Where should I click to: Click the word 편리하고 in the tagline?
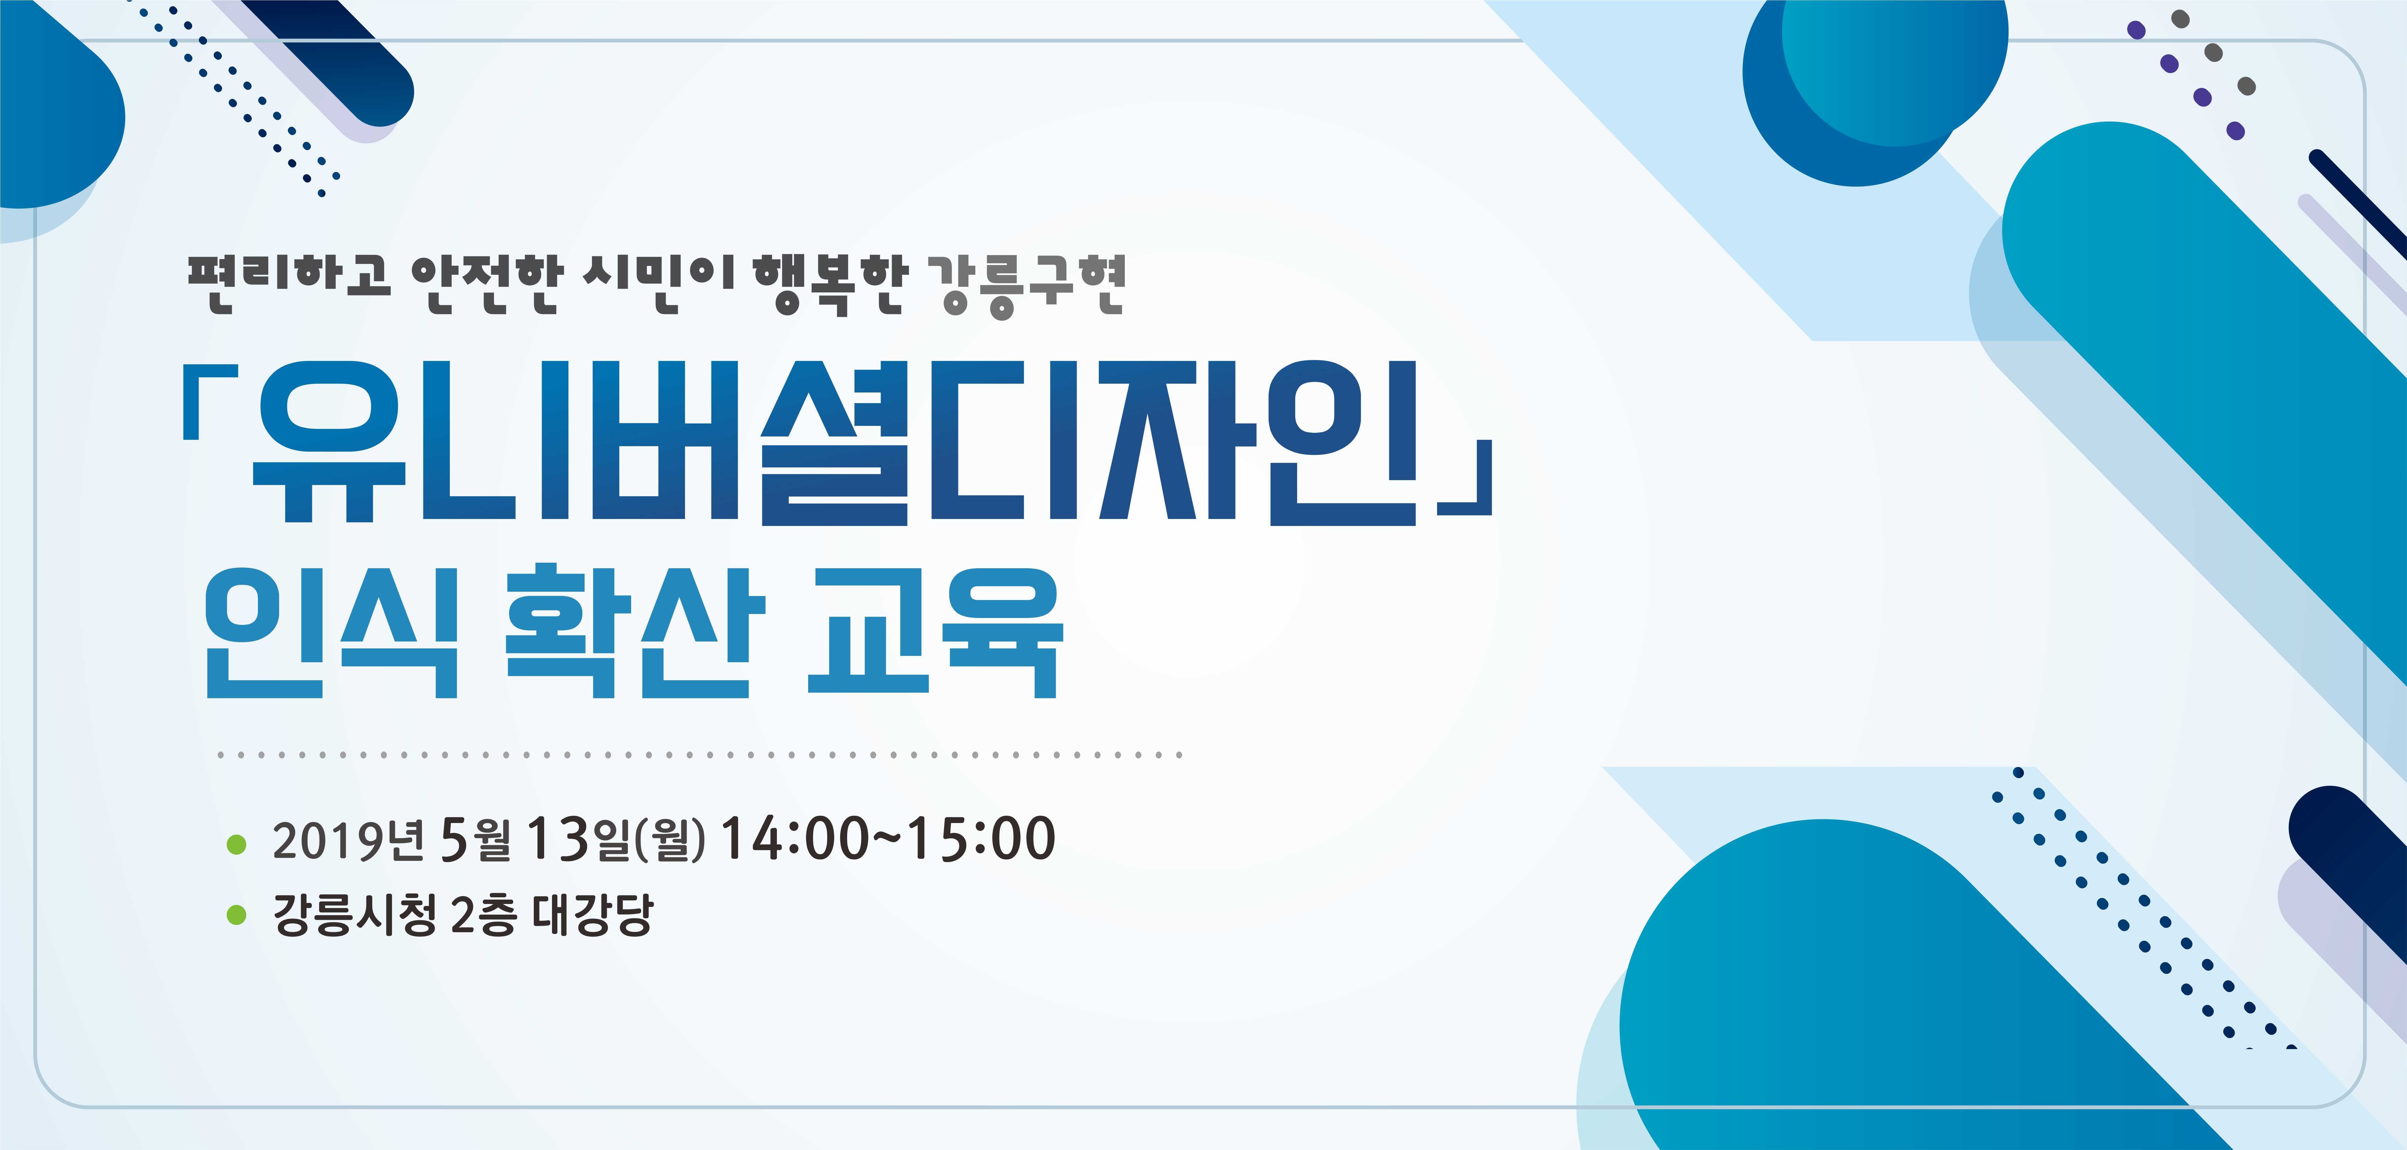point(289,282)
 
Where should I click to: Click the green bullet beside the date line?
point(236,844)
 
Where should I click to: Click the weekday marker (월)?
point(670,839)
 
